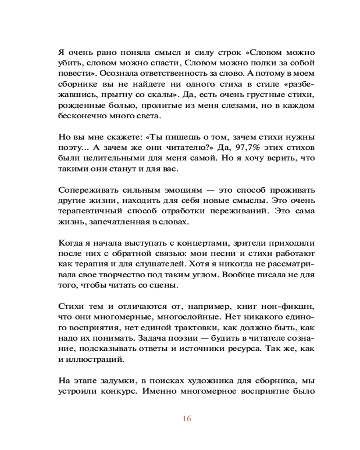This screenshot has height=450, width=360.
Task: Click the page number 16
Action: click(x=187, y=419)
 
